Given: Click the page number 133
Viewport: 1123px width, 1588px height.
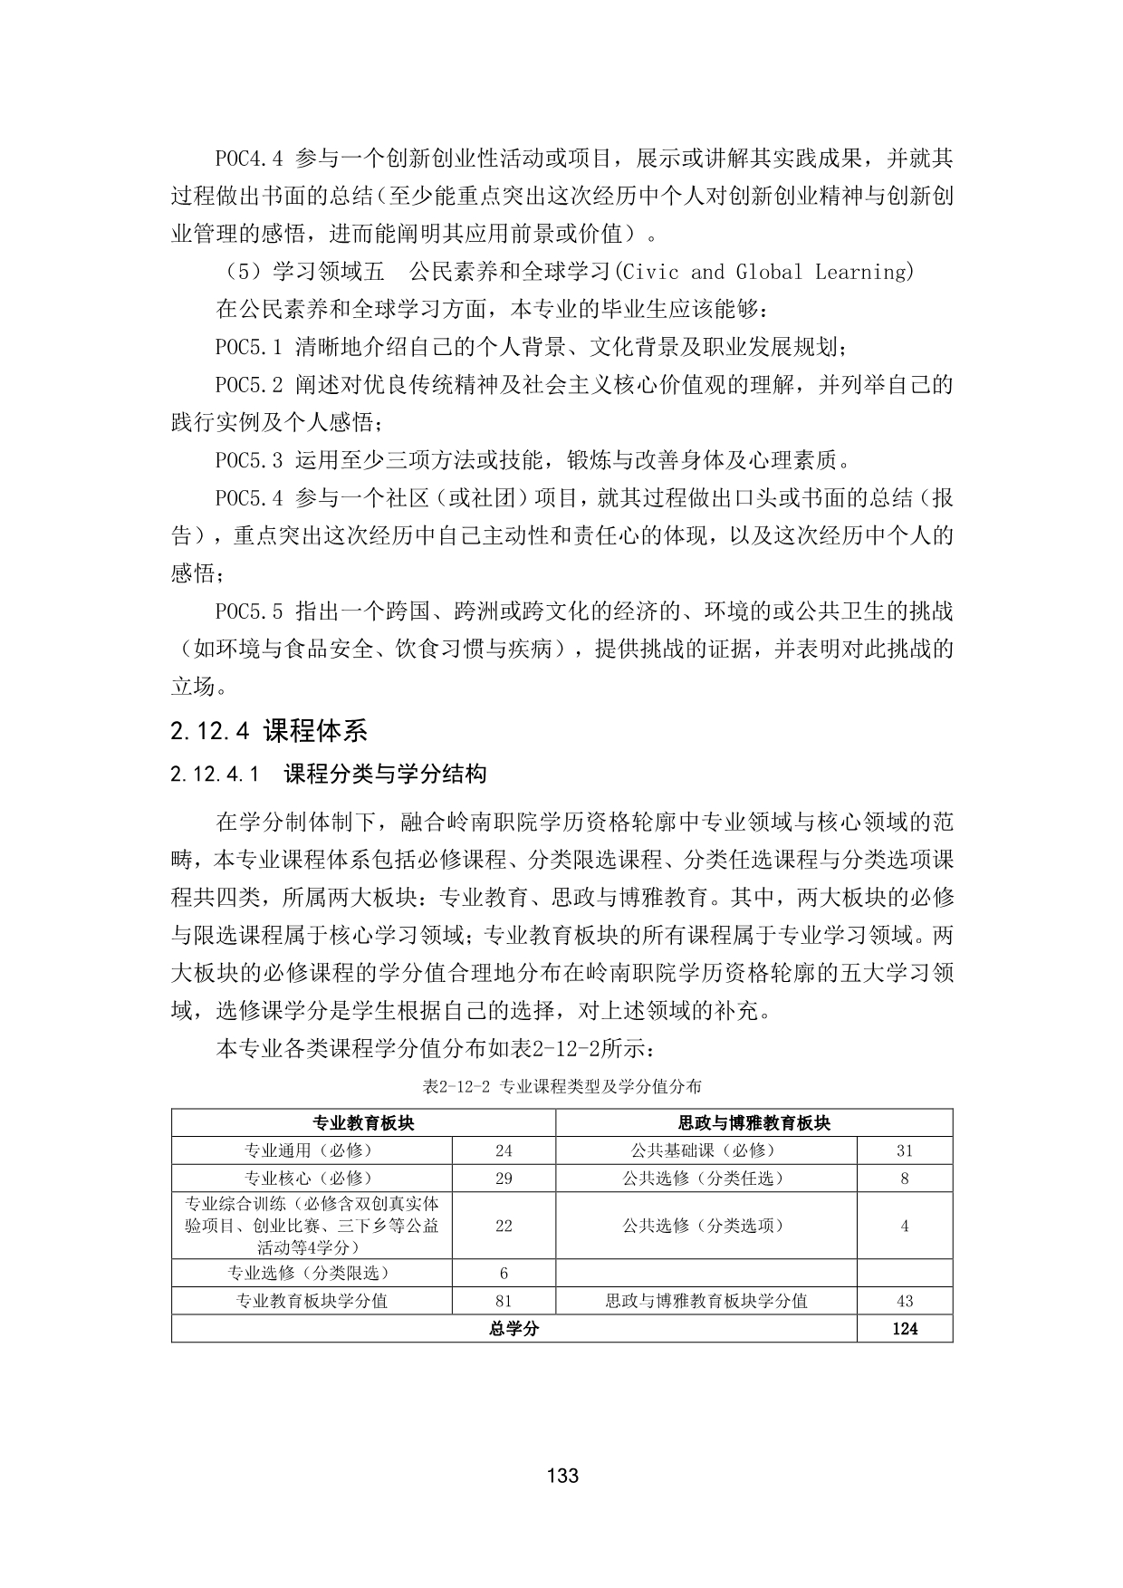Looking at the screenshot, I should click(x=562, y=1476).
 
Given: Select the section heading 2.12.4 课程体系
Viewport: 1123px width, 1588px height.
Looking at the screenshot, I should click(x=268, y=730).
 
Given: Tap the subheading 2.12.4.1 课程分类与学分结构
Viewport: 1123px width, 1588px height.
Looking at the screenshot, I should click(x=329, y=774).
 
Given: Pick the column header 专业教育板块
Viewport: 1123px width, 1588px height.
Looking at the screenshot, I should click(x=363, y=1123).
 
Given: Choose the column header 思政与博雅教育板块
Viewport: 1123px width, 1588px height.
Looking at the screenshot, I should click(x=753, y=1123).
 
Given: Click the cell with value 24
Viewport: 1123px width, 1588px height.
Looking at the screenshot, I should click(x=504, y=1150).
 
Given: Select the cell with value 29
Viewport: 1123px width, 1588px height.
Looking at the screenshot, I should click(x=504, y=1179).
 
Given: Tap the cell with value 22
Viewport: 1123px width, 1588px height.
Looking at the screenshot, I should click(x=504, y=1226).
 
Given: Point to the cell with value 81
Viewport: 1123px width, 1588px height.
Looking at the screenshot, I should click(x=504, y=1301).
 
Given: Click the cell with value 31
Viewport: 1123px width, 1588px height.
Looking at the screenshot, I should click(x=904, y=1150).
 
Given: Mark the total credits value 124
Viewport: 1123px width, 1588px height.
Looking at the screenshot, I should click(x=904, y=1329).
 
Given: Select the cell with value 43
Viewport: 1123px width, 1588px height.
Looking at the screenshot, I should click(x=904, y=1301).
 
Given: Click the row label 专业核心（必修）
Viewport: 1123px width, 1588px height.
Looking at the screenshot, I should click(x=312, y=1179).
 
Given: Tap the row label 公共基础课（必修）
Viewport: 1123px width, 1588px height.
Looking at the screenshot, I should click(x=705, y=1150).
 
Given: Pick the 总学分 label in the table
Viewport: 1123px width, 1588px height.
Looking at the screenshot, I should click(x=514, y=1329).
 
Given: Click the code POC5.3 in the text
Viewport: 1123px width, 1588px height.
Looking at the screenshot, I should click(x=249, y=460).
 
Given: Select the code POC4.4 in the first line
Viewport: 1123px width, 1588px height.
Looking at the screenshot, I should click(x=249, y=159).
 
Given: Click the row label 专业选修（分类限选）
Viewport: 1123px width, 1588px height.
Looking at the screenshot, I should click(x=312, y=1273).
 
